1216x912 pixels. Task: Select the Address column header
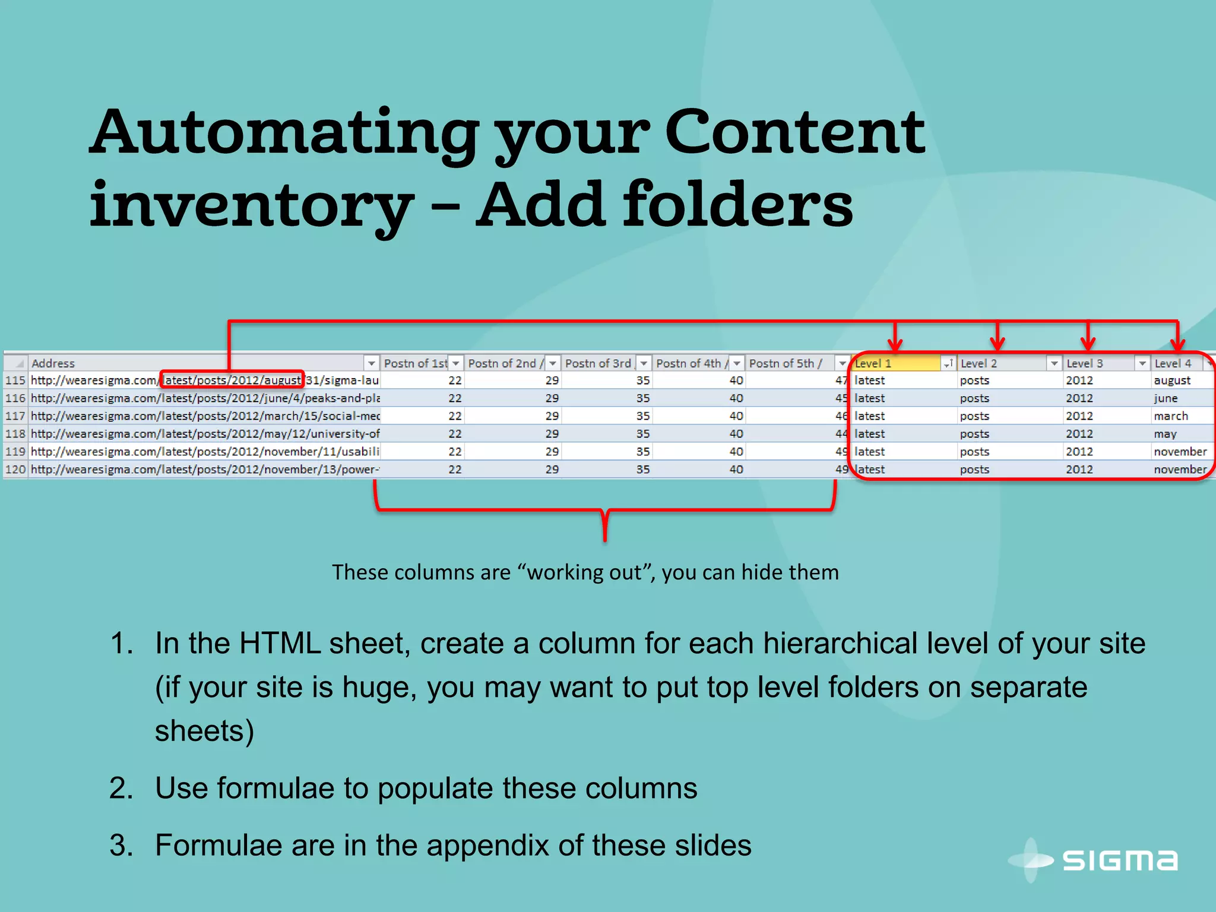click(x=53, y=363)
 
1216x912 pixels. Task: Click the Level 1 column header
click(x=873, y=363)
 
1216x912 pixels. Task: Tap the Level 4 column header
click(x=1173, y=363)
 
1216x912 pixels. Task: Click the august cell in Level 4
click(x=1172, y=381)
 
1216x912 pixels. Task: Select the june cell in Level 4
click(x=1166, y=398)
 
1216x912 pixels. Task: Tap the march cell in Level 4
click(x=1171, y=416)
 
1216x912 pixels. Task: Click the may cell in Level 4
click(x=1165, y=434)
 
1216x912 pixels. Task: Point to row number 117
click(x=15, y=416)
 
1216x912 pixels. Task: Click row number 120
click(x=15, y=470)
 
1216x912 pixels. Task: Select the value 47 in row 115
click(x=841, y=381)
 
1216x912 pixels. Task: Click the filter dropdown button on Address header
click(x=371, y=363)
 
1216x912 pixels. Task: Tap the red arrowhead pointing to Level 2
click(x=997, y=344)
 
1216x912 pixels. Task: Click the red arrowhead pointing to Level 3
click(x=1088, y=344)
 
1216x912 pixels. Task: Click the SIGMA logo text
click(x=1120, y=860)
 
